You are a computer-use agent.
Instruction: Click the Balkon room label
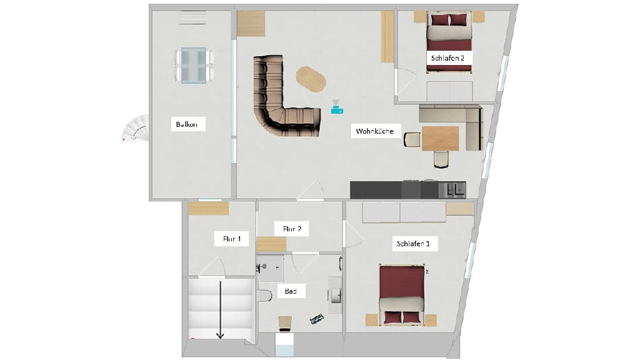(186, 124)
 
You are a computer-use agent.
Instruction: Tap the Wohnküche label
(375, 131)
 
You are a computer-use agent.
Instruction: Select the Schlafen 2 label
(447, 58)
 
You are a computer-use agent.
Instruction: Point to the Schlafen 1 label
(413, 244)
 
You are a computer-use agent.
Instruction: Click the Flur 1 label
(232, 239)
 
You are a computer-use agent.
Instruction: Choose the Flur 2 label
(292, 229)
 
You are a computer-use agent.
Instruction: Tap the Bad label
(291, 291)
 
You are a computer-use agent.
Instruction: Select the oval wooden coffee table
(311, 79)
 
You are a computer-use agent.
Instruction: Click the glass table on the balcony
(194, 65)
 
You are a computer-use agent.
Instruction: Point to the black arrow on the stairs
(221, 310)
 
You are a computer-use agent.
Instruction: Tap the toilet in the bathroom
(264, 295)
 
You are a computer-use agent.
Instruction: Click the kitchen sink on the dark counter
(452, 189)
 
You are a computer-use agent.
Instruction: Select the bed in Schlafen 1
(402, 295)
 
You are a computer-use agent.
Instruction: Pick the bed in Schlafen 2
(449, 42)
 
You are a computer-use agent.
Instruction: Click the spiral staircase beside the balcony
(136, 128)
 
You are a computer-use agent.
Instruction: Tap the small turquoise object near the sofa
(337, 107)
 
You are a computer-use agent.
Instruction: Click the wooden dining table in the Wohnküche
(441, 138)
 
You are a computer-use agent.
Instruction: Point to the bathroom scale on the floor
(317, 319)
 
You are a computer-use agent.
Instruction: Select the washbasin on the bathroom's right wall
(336, 295)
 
